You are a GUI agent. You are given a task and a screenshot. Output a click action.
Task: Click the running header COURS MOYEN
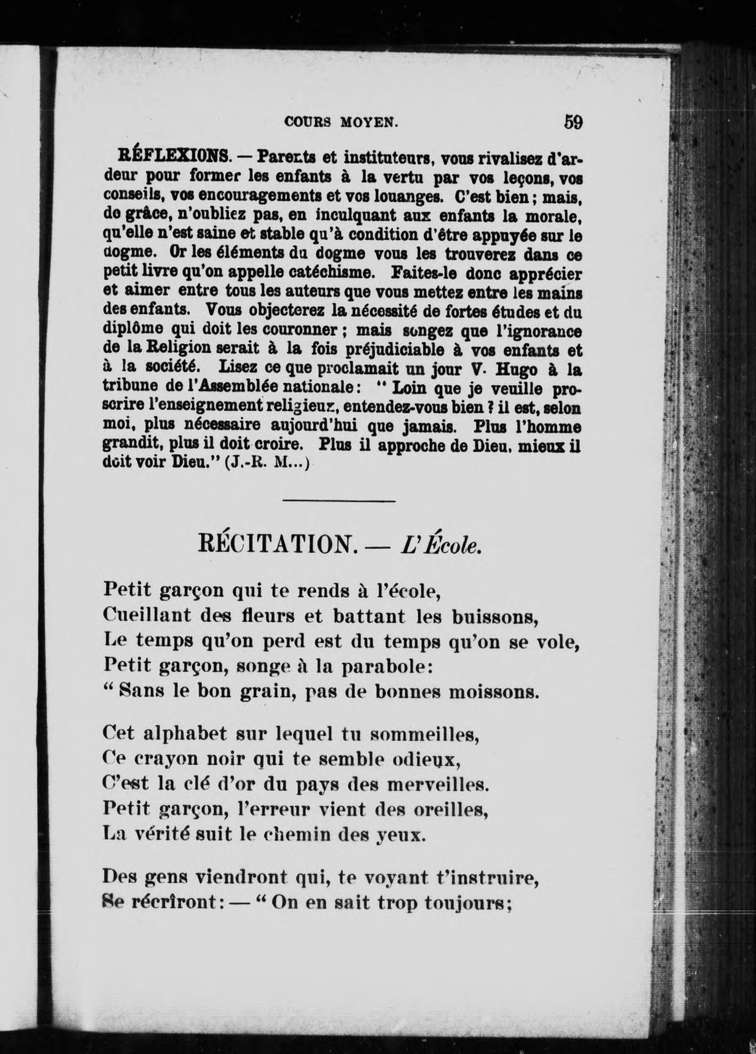click(x=341, y=123)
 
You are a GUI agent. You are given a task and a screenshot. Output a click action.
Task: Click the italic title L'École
click(x=441, y=544)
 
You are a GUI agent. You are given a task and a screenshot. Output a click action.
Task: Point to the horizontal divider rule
click(x=339, y=500)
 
